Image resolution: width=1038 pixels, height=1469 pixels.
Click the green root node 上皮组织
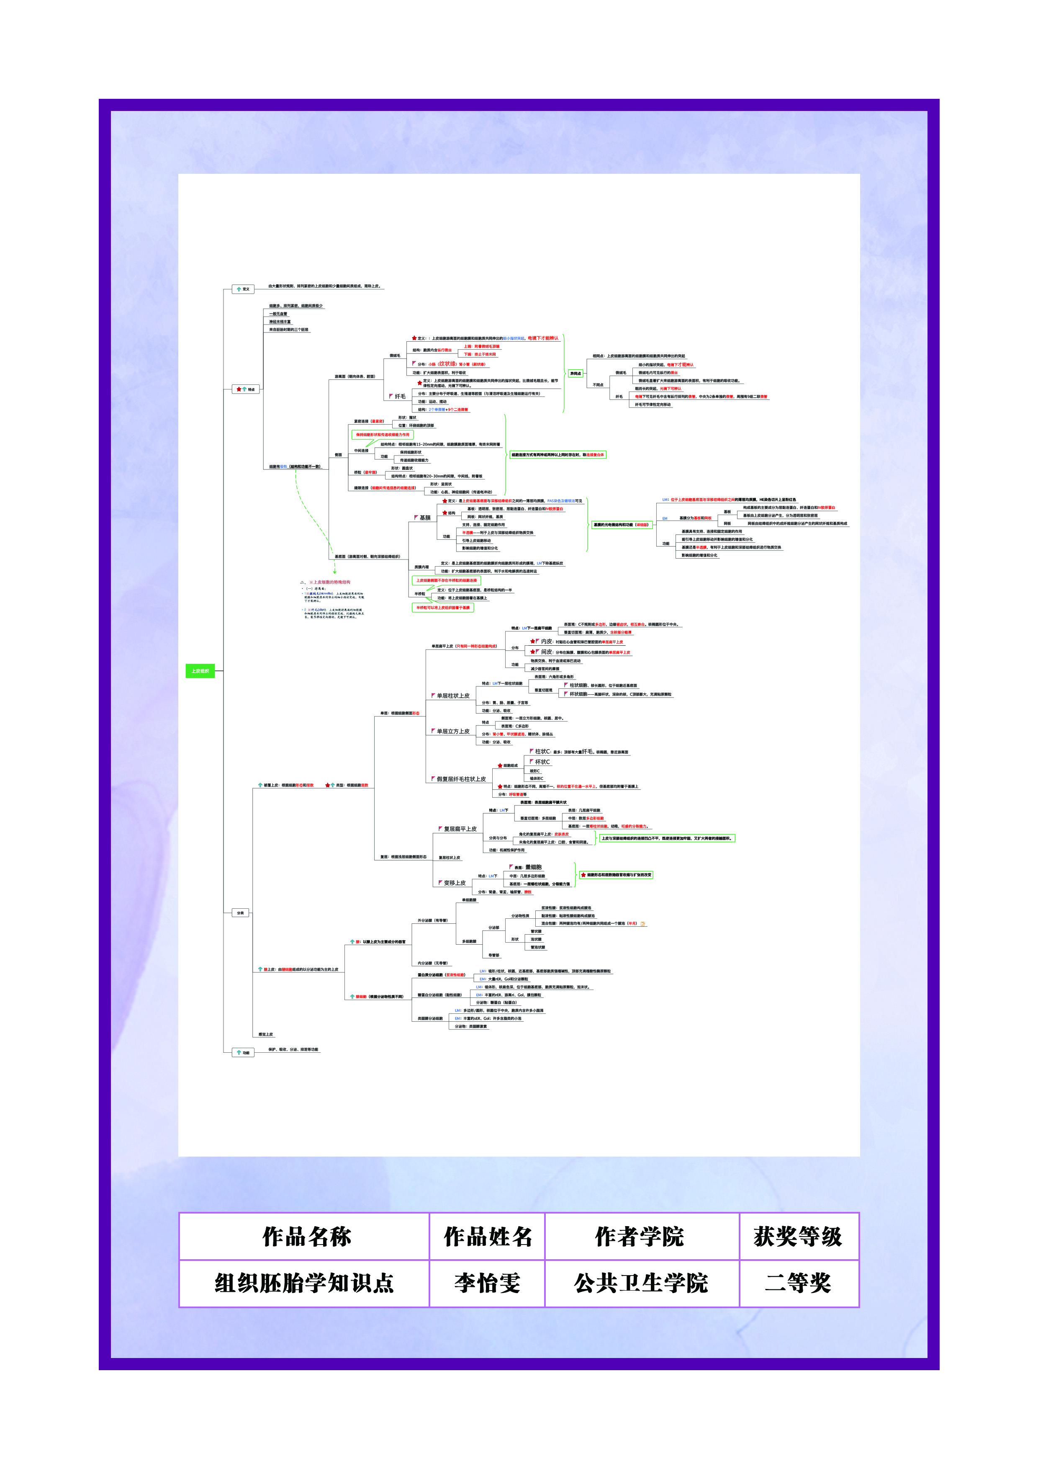[x=200, y=670]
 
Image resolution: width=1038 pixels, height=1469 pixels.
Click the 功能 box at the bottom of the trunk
[x=242, y=1052]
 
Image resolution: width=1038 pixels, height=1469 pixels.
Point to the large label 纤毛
[x=400, y=397]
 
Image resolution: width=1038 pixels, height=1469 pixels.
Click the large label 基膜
[x=425, y=518]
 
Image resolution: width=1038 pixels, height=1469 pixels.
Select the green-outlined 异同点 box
[x=576, y=373]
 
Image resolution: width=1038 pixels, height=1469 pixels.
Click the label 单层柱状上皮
[x=453, y=696]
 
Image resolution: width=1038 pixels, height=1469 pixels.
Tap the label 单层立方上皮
[x=453, y=731]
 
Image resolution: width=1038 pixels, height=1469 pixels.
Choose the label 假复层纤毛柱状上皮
[x=460, y=779]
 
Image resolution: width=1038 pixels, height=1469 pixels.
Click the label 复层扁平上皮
[x=460, y=829]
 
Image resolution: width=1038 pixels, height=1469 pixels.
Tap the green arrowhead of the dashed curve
[x=334, y=571]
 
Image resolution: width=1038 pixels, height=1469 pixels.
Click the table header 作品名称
[x=306, y=1236]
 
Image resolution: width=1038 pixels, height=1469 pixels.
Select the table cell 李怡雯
[x=487, y=1283]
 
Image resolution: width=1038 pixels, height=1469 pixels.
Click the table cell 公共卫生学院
[x=641, y=1283]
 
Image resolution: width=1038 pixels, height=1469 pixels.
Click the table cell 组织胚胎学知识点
[x=304, y=1283]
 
